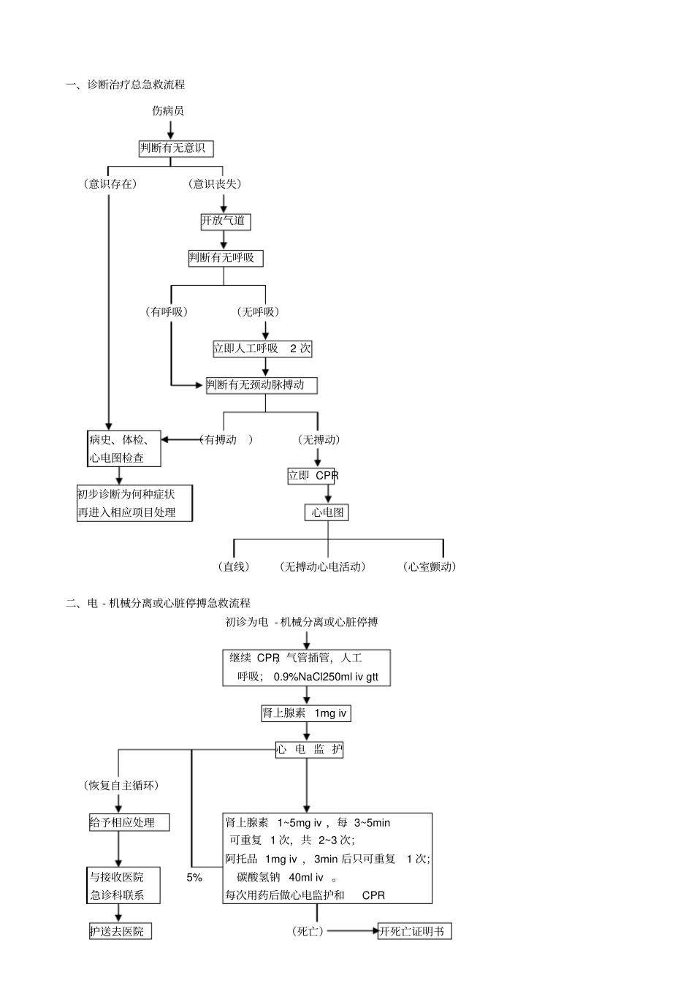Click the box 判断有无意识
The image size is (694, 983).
[x=176, y=148]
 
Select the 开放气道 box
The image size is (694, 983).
[x=226, y=221]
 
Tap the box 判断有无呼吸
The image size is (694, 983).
[x=225, y=258]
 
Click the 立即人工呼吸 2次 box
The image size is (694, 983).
[x=262, y=349]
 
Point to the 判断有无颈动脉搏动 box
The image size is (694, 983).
[x=262, y=385]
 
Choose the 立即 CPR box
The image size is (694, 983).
[x=312, y=476]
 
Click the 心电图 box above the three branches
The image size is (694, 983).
[x=327, y=512]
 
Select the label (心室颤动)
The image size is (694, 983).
[x=430, y=566]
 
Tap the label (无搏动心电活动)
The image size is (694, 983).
[x=323, y=566]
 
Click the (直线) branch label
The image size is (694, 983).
[x=233, y=566]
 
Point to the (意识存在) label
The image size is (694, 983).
[x=110, y=184]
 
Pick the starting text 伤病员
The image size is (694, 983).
[x=168, y=111]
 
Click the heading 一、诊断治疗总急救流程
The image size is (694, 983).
[x=126, y=85]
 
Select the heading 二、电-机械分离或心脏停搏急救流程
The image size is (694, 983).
[x=159, y=603]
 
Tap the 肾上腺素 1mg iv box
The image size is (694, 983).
[x=306, y=713]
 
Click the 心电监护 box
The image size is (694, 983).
[x=309, y=750]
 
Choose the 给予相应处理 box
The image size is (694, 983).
[x=129, y=822]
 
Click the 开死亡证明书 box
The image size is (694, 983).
[x=414, y=931]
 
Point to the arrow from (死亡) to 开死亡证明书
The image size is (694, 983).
[x=351, y=931]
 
